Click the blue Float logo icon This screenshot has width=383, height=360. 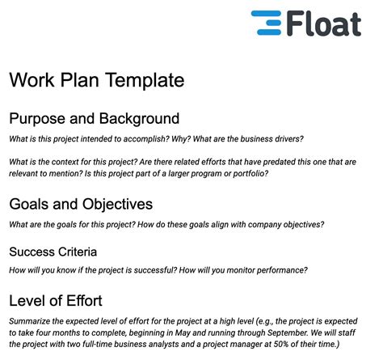267,23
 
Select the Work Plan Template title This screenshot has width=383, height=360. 96,80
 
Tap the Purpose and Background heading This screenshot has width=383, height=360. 94,119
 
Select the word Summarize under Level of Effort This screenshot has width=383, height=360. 34,321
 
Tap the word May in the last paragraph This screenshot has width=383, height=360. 200,334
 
